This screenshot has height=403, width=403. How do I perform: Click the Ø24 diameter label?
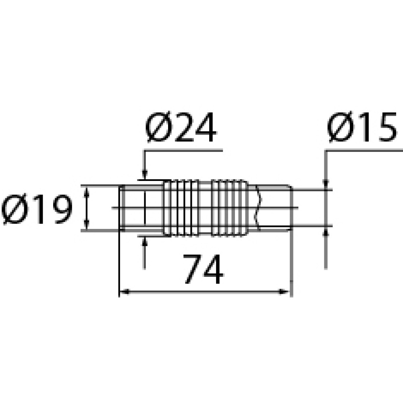pyautogui.click(x=181, y=127)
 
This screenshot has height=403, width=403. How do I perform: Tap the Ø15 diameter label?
pyautogui.click(x=362, y=127)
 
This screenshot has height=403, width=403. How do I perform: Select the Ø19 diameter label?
pyautogui.click(x=37, y=209)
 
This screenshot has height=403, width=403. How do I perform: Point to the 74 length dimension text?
pyautogui.click(x=203, y=269)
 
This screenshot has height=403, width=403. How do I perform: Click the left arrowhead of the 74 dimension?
pyautogui.click(x=124, y=292)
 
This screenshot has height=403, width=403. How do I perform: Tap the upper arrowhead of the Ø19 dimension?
pyautogui.click(x=87, y=191)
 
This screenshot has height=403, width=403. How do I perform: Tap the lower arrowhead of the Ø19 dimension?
pyautogui.click(x=87, y=225)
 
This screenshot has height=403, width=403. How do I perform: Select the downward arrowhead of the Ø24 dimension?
pyautogui.click(x=145, y=175)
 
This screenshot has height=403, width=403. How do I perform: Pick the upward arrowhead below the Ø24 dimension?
pyautogui.click(x=145, y=241)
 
